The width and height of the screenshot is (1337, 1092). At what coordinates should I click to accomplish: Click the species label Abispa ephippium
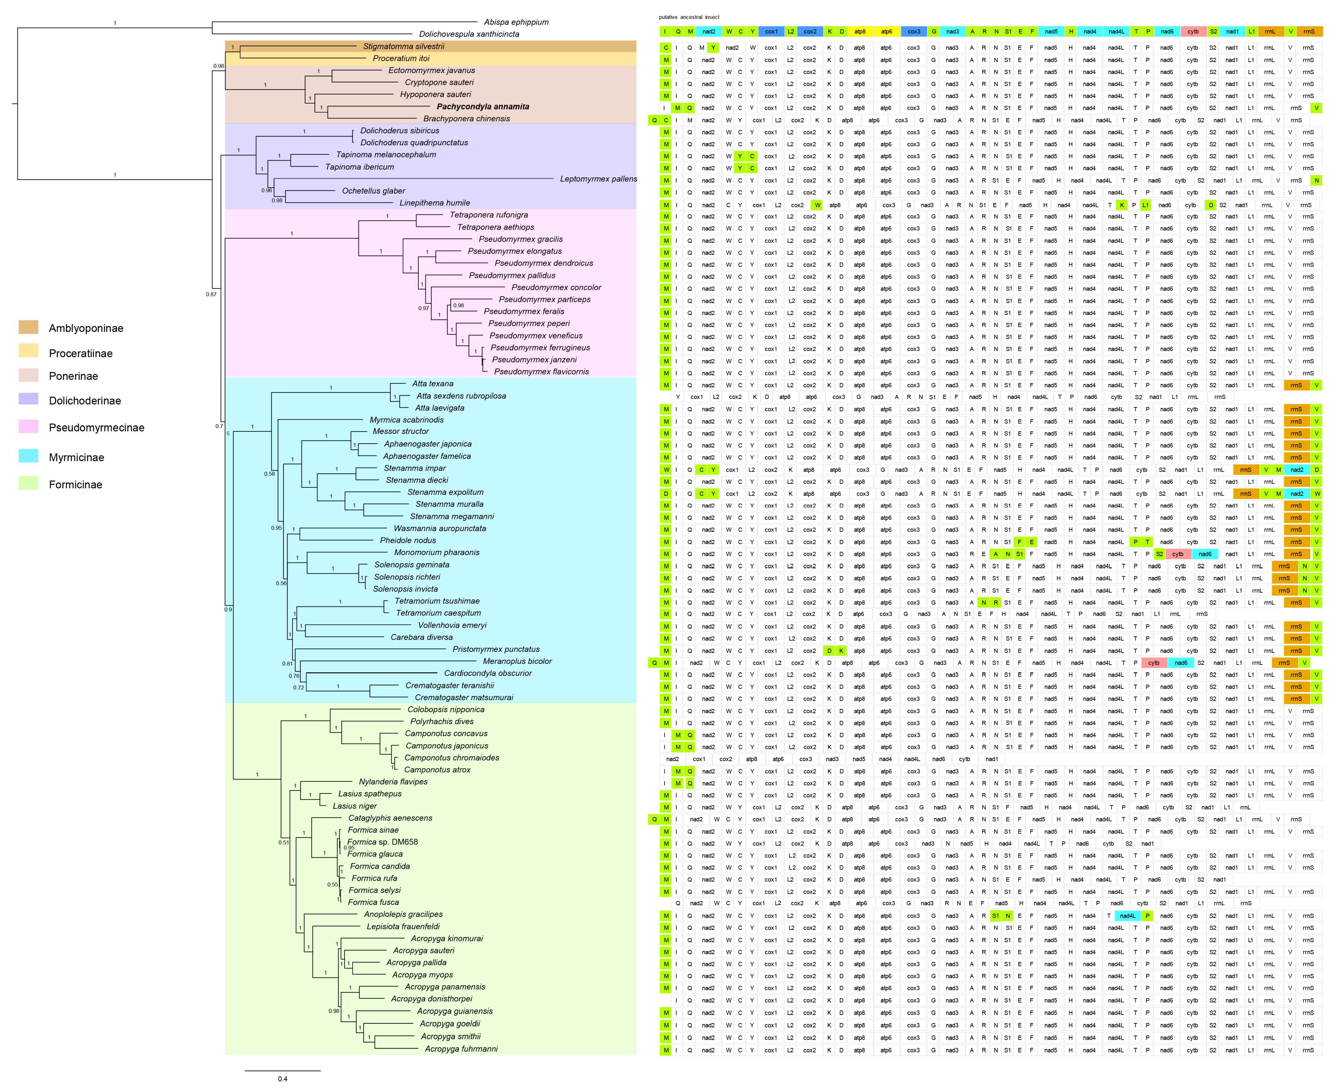[x=516, y=22]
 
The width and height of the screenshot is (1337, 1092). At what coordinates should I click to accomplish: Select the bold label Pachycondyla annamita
[x=483, y=107]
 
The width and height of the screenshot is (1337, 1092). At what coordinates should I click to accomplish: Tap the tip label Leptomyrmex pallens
[x=598, y=179]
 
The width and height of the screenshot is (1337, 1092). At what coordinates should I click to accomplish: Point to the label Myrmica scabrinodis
[x=407, y=420]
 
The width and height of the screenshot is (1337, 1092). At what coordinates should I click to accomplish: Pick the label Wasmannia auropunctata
[x=440, y=528]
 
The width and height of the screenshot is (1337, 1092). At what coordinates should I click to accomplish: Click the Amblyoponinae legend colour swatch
[x=28, y=327]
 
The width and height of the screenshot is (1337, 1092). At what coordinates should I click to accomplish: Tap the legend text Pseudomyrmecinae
[x=96, y=428]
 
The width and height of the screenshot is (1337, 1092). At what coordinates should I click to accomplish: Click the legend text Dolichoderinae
[x=85, y=401]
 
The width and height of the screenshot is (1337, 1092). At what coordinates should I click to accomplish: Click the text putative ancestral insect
[x=689, y=17]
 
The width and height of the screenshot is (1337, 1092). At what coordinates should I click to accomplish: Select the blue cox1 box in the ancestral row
[x=771, y=32]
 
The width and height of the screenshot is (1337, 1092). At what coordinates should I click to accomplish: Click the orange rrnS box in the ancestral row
[x=1309, y=32]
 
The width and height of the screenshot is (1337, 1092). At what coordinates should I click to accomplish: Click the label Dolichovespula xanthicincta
[x=469, y=34]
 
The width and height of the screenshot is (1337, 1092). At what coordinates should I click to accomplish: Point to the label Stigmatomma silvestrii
[x=403, y=47]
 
